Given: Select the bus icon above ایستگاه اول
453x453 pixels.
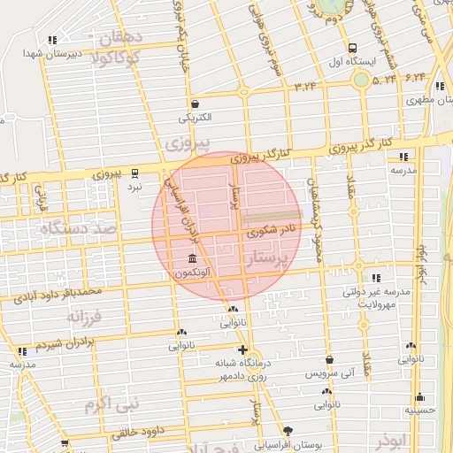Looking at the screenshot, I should (x=353, y=49).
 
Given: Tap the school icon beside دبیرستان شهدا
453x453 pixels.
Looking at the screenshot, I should (x=52, y=40).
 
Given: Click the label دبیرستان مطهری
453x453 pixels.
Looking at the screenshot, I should (x=423, y=100).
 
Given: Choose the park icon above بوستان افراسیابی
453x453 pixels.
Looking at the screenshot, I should (x=286, y=430).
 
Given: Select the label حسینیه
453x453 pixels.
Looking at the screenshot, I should (x=420, y=410).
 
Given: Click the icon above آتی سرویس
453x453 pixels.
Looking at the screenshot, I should (x=329, y=361).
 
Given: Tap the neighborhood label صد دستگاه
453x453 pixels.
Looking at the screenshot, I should (x=77, y=229).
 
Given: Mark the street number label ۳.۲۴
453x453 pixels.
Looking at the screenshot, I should (x=304, y=86).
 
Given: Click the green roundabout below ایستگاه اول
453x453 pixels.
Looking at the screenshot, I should (x=360, y=80).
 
